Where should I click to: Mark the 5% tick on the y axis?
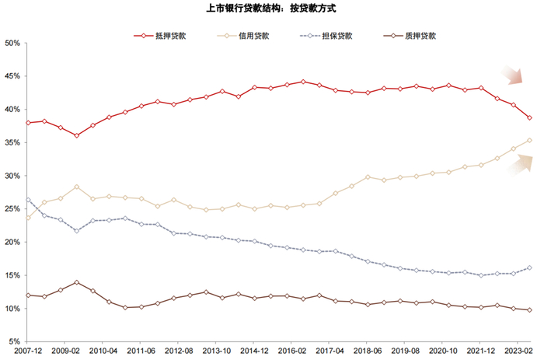12,341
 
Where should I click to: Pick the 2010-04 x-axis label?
104,351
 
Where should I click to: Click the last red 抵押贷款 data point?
530,118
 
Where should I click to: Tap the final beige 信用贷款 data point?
530,141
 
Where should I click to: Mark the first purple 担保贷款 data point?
29,200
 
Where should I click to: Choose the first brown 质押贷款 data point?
29,295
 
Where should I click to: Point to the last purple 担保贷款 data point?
530,267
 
